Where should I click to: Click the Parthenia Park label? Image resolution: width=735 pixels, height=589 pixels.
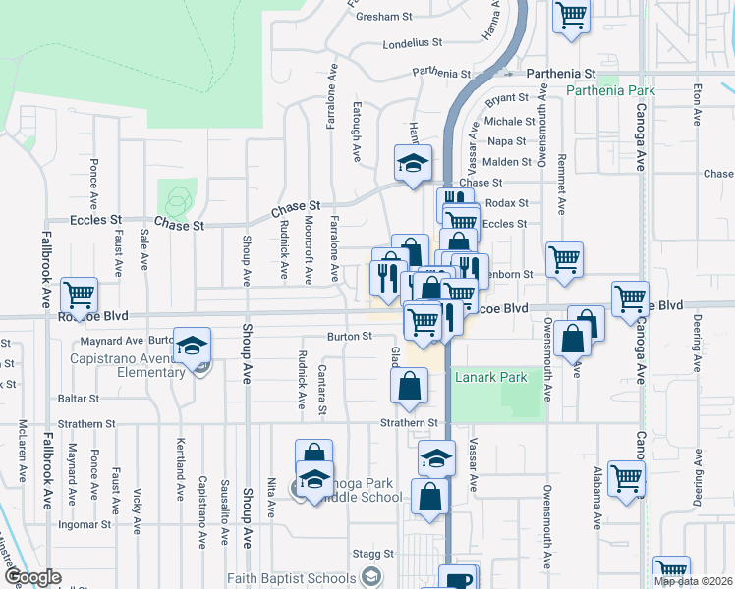pyautogui.click(x=610, y=91)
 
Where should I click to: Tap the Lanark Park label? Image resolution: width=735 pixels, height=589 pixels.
pyautogui.click(x=490, y=377)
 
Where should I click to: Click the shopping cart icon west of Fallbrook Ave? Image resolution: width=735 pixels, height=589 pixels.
pyautogui.click(x=79, y=294)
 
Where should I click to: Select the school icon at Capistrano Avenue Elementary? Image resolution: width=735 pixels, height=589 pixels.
pyautogui.click(x=194, y=345)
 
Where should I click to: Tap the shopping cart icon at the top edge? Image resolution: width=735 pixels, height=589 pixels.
pyautogui.click(x=571, y=16)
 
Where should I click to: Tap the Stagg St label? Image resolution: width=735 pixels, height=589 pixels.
pyautogui.click(x=375, y=554)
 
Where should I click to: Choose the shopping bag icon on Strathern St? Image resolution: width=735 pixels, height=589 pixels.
pyautogui.click(x=409, y=385)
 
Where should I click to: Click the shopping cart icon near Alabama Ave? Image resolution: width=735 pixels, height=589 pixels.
pyautogui.click(x=626, y=478)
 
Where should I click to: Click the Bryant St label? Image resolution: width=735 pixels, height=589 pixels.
pyautogui.click(x=507, y=98)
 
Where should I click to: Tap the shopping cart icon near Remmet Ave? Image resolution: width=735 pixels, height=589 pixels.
pyautogui.click(x=565, y=260)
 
